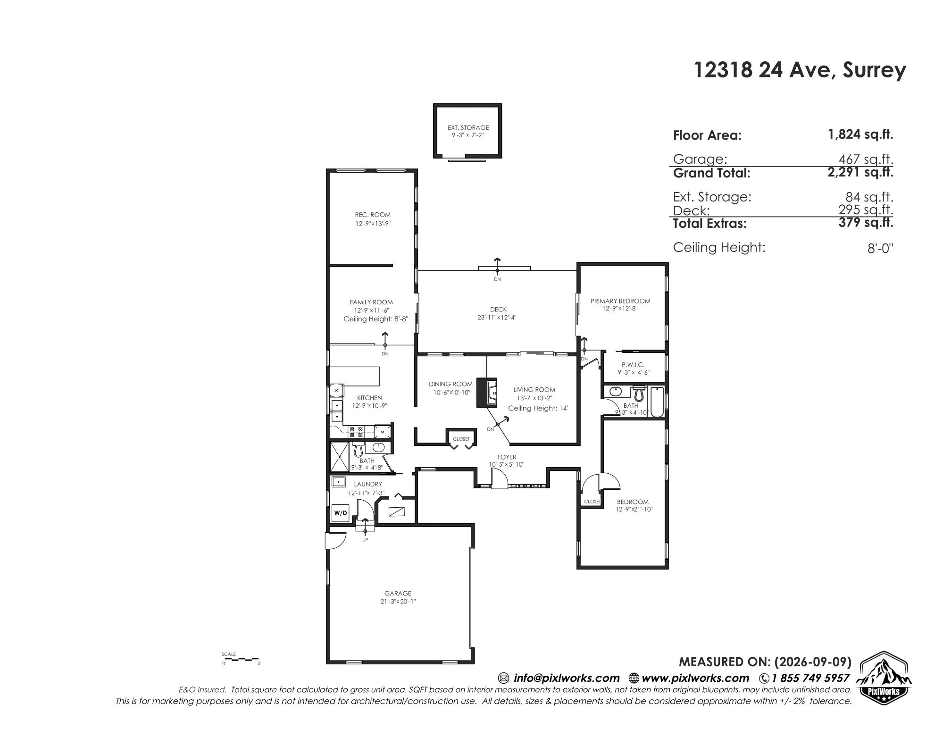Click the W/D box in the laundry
(x=340, y=513)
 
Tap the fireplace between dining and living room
(x=487, y=393)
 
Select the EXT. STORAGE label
(x=468, y=127)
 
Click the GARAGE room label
(x=398, y=593)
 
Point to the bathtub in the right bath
(x=657, y=402)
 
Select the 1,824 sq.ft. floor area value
(x=860, y=134)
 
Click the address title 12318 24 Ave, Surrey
(x=800, y=70)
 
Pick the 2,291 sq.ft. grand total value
(x=860, y=172)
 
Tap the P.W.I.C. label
(x=633, y=365)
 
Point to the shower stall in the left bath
(x=340, y=457)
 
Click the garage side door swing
(x=335, y=540)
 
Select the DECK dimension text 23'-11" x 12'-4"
(x=497, y=318)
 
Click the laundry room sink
(x=338, y=482)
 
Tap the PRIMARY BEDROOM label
(x=620, y=301)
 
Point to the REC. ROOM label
(x=373, y=215)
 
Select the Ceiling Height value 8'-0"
(x=880, y=249)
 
